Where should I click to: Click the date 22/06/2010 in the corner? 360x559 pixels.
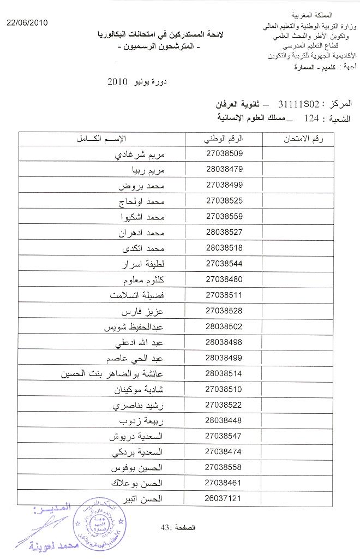[27, 22]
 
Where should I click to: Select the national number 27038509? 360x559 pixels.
[224, 154]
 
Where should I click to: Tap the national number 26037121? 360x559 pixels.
[224, 498]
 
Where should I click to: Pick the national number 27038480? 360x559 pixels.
[224, 279]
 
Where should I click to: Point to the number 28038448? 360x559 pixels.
[224, 420]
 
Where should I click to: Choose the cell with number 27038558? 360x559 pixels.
[224, 467]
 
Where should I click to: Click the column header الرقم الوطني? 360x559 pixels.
[224, 138]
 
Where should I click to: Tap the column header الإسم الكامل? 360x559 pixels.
[102, 138]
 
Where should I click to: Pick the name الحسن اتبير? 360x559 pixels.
[146, 498]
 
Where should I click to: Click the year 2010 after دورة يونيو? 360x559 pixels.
[118, 83]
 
